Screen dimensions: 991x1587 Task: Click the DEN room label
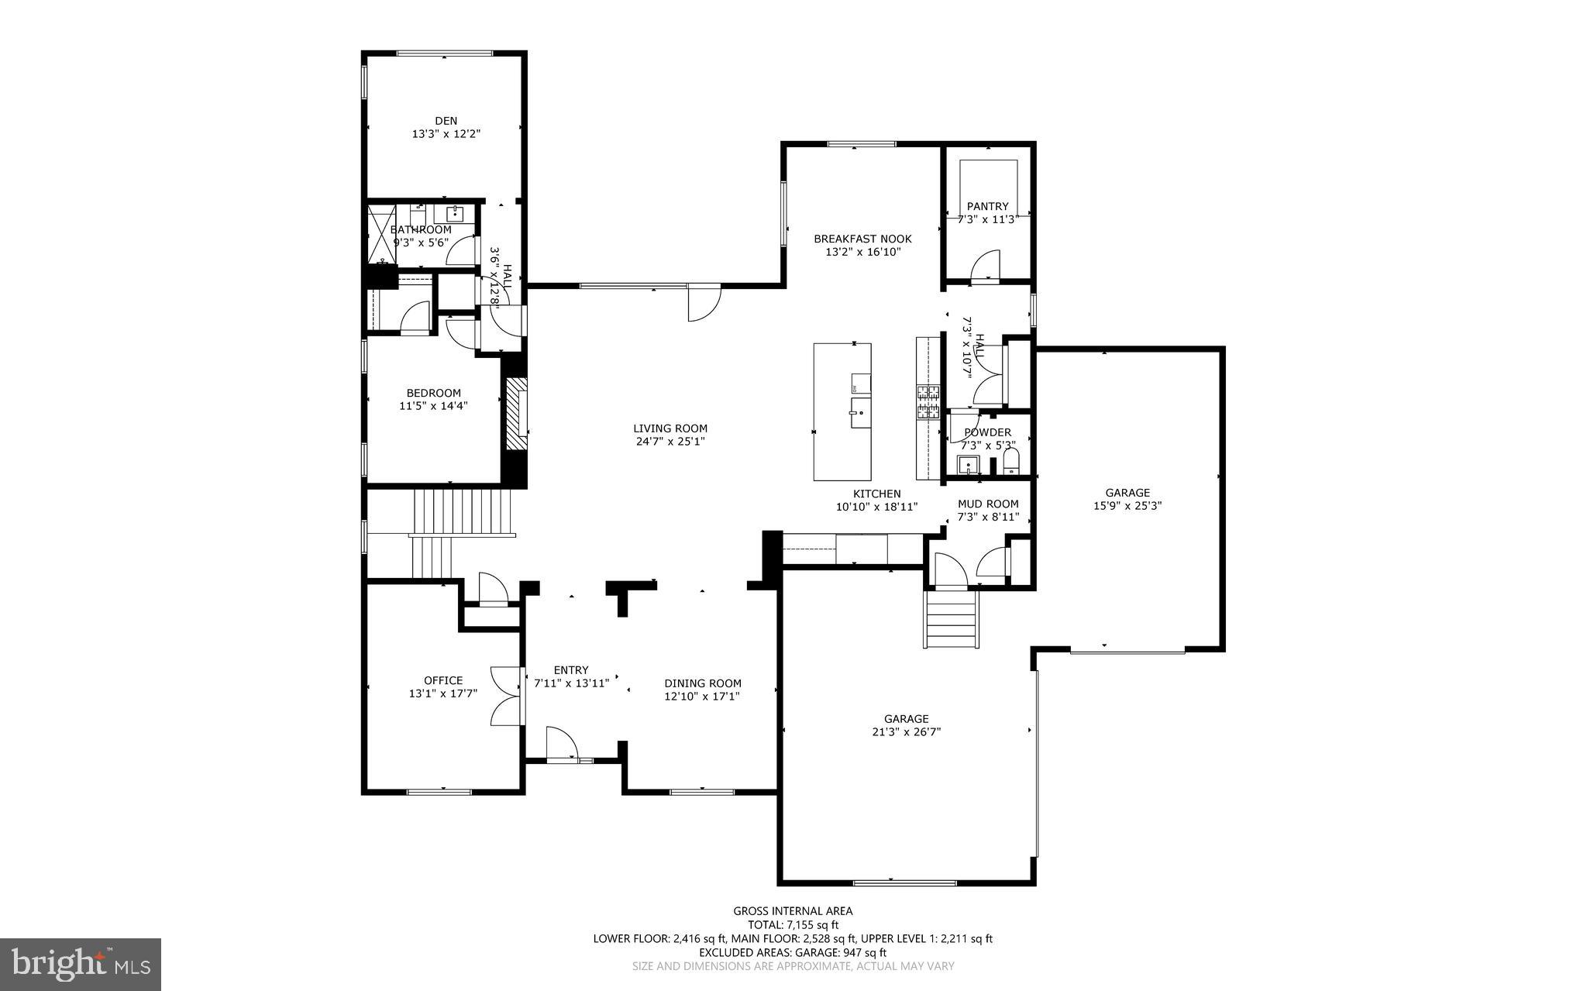pos(446,121)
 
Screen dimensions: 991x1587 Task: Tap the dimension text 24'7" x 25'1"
pos(670,442)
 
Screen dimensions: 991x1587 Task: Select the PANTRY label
pos(987,206)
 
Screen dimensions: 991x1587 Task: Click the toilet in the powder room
pos(1010,463)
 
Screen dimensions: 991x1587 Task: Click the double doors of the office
pos(506,696)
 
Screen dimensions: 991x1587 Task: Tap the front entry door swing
pos(561,745)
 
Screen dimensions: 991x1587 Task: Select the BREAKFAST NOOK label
pos(862,239)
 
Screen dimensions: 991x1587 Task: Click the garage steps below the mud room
pos(951,618)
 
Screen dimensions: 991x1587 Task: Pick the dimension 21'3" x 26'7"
pos(906,731)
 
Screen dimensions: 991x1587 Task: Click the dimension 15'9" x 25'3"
pos(1127,505)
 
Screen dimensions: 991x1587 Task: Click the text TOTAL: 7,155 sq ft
pos(793,924)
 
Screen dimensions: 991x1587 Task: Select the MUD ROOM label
pos(987,504)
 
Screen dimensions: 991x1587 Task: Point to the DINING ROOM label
pos(702,683)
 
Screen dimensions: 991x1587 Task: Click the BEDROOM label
pos(433,393)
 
